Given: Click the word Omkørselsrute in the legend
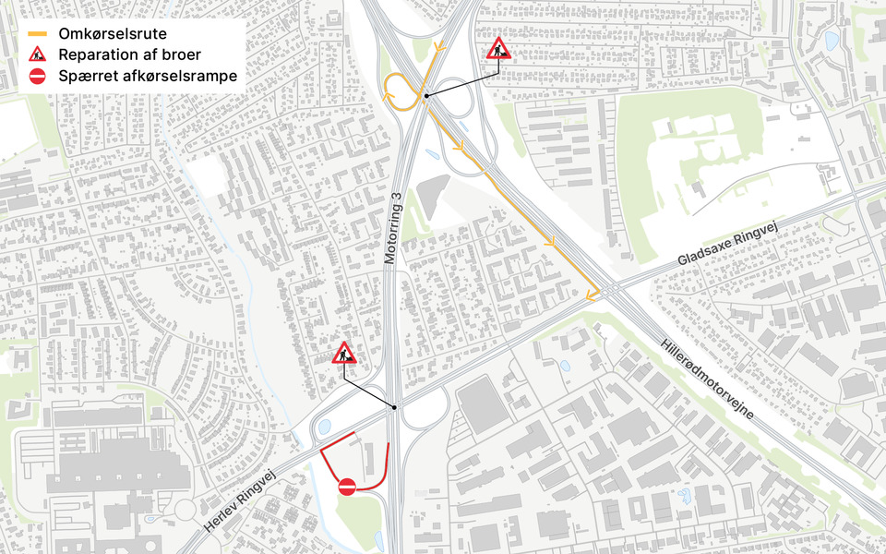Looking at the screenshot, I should pos(112,33).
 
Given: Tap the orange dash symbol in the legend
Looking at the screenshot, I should pos(37,33).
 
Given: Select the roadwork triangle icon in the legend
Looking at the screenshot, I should pos(37,55).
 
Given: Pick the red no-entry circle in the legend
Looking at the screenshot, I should pos(37,77).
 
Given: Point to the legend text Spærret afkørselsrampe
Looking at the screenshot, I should pos(148,77).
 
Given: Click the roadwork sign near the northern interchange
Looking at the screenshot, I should pos(499,48).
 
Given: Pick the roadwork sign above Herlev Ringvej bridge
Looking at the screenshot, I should pos(343,353).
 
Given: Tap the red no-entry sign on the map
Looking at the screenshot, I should pos(347,487).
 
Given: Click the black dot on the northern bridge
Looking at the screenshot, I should pos(426,95).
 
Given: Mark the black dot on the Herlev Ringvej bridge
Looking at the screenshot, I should pos(394,407).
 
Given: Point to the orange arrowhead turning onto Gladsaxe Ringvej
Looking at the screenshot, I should pos(590,296).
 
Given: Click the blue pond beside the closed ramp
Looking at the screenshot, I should pos(325,427).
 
